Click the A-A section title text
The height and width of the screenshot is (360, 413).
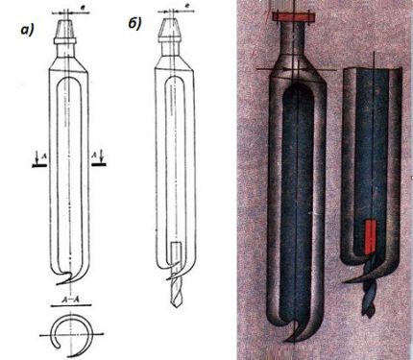(67, 300)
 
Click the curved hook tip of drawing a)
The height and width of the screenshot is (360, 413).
(59, 287)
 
